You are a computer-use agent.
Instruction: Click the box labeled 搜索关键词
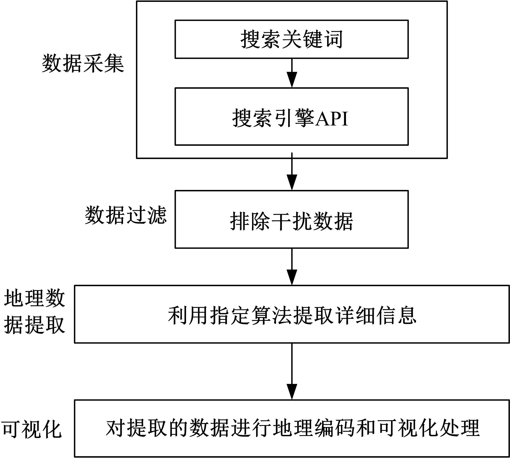coord(292,39)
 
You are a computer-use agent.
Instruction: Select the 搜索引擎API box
coord(292,116)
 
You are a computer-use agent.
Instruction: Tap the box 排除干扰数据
coord(292,219)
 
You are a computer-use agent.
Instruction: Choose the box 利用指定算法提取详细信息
coord(292,314)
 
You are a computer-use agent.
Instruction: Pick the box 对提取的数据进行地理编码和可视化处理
coord(292,428)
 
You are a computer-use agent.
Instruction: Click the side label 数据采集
coord(83,64)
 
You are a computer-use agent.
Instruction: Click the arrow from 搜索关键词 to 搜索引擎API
coord(292,73)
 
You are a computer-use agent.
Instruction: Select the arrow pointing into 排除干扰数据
coord(292,172)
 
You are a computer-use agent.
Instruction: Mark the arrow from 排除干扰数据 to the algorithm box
coord(292,267)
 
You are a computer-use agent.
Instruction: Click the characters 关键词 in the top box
coord(312,39)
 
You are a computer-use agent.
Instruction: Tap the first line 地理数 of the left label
coord(34,299)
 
